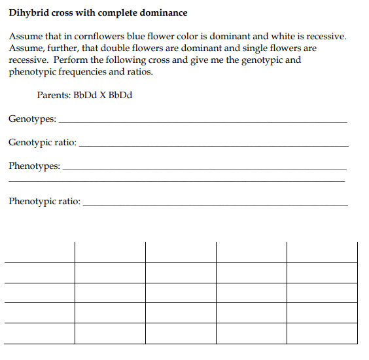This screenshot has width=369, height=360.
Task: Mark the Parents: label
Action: click(x=54, y=95)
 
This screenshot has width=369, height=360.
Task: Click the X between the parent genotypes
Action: click(x=102, y=95)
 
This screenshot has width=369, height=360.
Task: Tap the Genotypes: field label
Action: click(x=32, y=120)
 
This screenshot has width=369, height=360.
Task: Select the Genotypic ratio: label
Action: click(x=43, y=142)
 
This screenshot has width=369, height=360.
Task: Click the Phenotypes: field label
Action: click(x=35, y=166)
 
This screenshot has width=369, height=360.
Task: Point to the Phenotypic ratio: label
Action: click(x=44, y=202)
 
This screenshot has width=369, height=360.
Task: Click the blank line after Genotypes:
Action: click(x=203, y=123)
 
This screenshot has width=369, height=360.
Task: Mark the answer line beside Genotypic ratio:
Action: click(x=213, y=145)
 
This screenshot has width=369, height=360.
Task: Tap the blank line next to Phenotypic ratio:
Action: click(x=216, y=205)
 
